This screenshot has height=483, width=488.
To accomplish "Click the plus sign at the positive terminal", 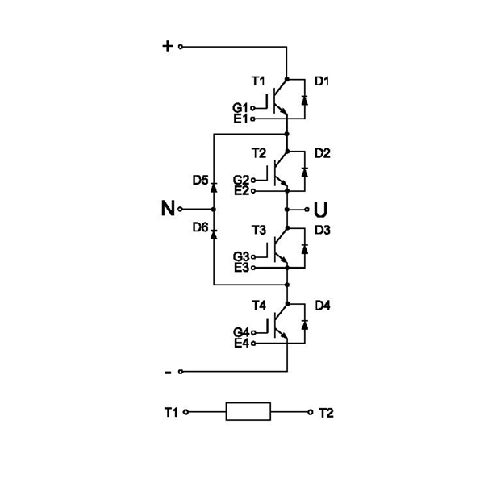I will coord(168,46).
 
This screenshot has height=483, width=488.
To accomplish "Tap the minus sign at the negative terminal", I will coord(168,372).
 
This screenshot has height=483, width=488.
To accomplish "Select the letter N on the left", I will coord(168,209).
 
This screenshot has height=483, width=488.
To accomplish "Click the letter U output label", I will coord(320,210).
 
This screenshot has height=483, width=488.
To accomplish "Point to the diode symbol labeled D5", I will coord(214,187).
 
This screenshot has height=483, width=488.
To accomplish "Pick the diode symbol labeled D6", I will coord(214,232).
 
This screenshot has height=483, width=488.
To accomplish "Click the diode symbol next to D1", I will coord(304,100).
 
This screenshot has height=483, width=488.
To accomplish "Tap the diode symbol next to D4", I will coord(304,323).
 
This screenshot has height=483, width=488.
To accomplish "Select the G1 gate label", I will coord(240,107).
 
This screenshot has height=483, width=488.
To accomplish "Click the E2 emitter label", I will coord(240,191).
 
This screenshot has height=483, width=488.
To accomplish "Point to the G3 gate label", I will coord(240,256).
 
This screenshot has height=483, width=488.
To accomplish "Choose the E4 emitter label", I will coord(240,344).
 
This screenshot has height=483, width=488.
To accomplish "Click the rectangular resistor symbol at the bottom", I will coord(248,411).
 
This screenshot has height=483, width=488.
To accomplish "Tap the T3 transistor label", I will coord(258,230).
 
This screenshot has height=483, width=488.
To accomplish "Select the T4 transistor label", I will coord(258,305).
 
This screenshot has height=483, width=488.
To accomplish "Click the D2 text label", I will coord(323,153).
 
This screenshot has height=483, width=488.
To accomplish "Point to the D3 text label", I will coord(323,231).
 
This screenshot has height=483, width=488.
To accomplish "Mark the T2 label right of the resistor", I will coord(326,412).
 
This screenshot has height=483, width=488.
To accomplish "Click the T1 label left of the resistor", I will coord(171,412).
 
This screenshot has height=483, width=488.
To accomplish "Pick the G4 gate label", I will coord(240,332).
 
